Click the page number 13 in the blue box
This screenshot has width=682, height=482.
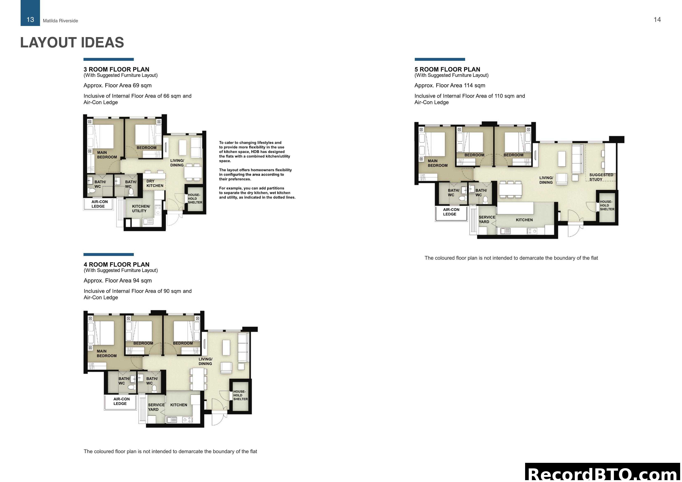pos(30,20)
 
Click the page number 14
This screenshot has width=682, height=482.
pos(657,20)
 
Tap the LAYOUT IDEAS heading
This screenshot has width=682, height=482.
pos(72,42)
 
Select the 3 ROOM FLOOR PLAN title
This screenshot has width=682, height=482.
pos(116,69)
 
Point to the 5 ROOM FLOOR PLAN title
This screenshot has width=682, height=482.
pos(447,69)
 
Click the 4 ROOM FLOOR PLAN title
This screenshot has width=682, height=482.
pos(116,264)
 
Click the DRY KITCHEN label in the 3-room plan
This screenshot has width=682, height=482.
pos(154,183)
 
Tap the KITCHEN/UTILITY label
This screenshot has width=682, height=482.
pos(141,209)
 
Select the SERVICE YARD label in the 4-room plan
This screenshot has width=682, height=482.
pos(156,407)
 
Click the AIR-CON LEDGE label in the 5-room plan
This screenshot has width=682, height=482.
pos(451,212)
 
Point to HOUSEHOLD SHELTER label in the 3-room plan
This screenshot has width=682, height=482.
pos(195,199)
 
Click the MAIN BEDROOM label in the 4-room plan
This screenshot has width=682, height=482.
pos(106,353)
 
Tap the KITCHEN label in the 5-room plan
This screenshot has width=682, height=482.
pos(524,220)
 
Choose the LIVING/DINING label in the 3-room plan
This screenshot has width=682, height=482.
pos(177,163)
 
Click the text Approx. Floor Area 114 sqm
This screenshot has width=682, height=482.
pos(450,86)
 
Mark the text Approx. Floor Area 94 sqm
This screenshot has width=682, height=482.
pos(118,281)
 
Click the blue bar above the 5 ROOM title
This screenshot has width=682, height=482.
pos(440,59)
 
